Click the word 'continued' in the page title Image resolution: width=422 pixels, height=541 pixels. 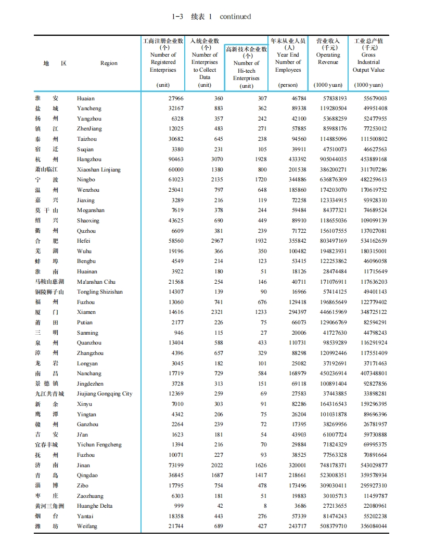click(x=235, y=17)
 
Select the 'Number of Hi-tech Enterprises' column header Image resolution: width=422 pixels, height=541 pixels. click(x=246, y=67)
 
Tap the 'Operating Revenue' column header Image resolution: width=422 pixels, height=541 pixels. click(x=328, y=58)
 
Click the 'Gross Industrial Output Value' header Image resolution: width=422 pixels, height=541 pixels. click(x=368, y=58)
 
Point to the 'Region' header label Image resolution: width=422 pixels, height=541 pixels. click(x=109, y=63)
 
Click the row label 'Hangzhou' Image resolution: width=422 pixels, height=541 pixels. click(x=89, y=160)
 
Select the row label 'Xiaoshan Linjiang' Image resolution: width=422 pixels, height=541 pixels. click(x=98, y=170)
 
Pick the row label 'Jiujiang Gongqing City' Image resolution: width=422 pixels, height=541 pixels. click(x=105, y=394)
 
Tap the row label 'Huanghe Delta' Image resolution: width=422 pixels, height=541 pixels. click(x=94, y=506)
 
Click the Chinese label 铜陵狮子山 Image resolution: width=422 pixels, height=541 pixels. click(x=49, y=292)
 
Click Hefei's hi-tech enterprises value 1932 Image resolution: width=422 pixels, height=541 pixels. click(x=259, y=241)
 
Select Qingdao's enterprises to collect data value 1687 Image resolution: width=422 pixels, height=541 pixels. click(x=215, y=476)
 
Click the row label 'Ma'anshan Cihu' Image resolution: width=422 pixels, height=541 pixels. click(x=96, y=282)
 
